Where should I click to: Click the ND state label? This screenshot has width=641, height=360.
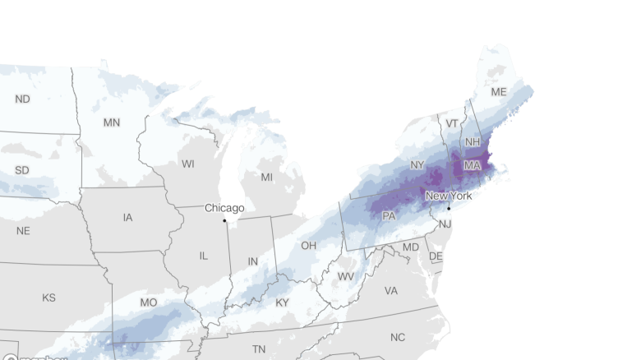[22, 99]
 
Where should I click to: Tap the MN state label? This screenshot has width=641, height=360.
[112, 122]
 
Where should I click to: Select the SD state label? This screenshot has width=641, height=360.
[22, 170]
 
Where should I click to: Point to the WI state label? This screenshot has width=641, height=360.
[188, 164]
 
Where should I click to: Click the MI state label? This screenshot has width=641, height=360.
[266, 177]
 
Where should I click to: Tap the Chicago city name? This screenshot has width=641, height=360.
[224, 208]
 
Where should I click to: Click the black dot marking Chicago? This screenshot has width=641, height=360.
[224, 220]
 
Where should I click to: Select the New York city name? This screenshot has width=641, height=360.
[448, 196]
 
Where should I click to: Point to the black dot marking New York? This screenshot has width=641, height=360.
[449, 208]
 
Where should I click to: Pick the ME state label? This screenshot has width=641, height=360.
[499, 92]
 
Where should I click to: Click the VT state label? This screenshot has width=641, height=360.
[451, 123]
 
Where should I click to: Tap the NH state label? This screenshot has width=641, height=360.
[473, 141]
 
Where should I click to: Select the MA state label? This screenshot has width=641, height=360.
[472, 165]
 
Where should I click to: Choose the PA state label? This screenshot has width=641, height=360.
[390, 216]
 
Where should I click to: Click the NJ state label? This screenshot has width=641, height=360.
[445, 224]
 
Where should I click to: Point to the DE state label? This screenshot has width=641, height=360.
[436, 256]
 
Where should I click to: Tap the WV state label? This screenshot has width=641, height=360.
[346, 276]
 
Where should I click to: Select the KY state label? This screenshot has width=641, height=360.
[283, 302]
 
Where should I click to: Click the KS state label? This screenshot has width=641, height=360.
[48, 297]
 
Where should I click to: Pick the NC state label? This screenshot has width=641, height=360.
[398, 337]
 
